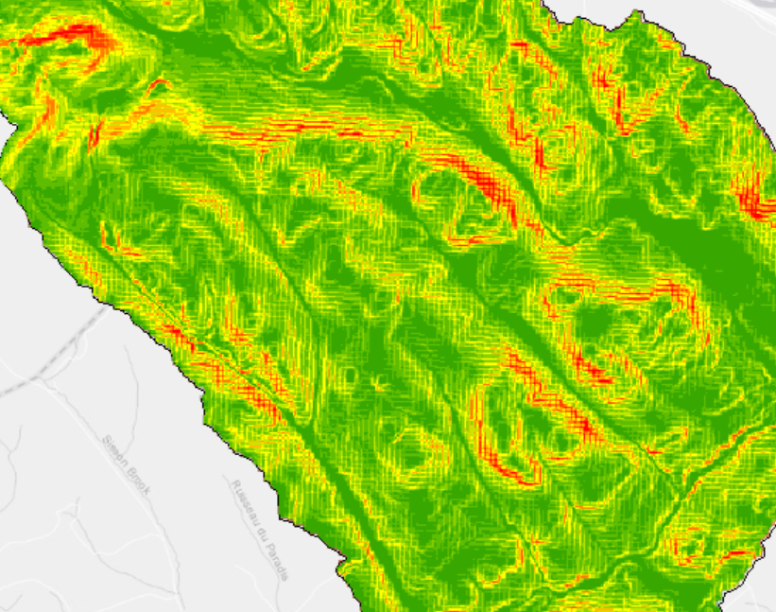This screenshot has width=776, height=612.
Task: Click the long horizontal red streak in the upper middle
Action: tap(284, 132)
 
